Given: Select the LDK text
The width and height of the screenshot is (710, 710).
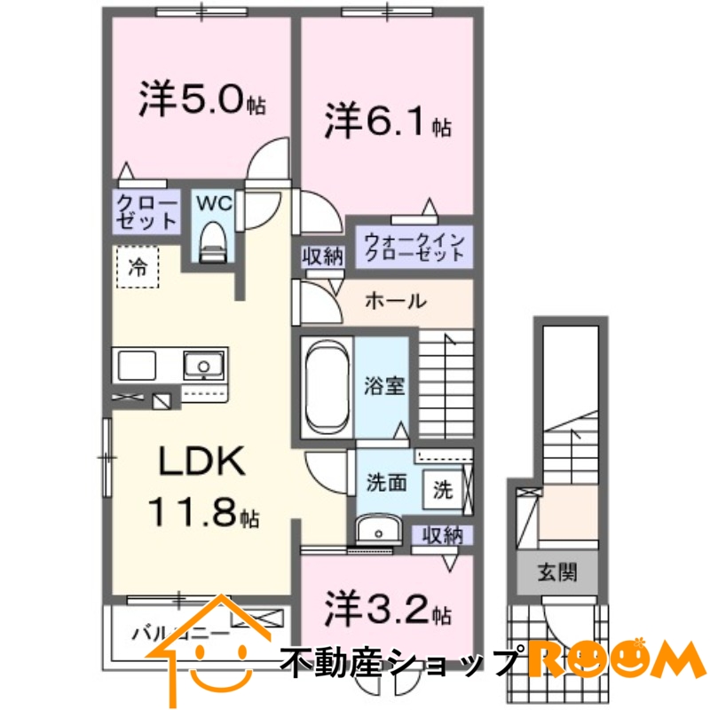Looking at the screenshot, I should pos(199,461).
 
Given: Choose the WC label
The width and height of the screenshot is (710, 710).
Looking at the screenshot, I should pos(213,202).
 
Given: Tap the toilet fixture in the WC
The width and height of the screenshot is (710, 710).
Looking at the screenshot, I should pos(213,241).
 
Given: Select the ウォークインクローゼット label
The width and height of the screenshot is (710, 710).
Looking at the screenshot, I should pos(412,246).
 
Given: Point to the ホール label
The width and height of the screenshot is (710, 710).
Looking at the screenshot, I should pos(395,302).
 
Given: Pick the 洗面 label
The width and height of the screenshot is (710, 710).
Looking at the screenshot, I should pos(387,483).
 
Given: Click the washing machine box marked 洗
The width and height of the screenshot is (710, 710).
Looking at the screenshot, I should pos(442,486).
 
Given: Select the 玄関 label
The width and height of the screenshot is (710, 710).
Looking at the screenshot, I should pos(556,572).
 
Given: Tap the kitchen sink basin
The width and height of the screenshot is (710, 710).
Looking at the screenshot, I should pos(204,365).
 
